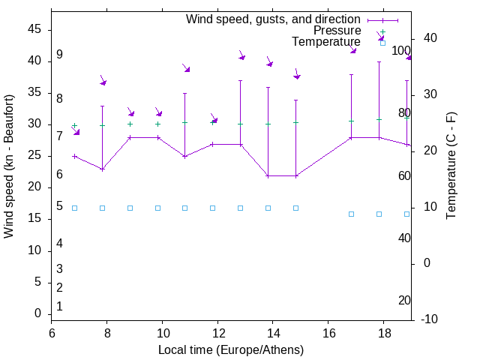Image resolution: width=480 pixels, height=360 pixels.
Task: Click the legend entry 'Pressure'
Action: click(337, 31)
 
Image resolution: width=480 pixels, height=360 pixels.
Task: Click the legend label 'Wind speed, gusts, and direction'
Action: click(274, 19)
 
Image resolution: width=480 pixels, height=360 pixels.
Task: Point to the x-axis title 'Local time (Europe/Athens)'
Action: click(231, 349)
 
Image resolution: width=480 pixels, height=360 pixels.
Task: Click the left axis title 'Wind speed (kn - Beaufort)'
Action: click(9, 166)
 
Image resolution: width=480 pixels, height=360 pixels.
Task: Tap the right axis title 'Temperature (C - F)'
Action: click(451, 166)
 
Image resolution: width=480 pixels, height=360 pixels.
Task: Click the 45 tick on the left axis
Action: click(34, 29)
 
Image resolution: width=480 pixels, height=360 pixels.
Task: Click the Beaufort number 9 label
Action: click(59, 55)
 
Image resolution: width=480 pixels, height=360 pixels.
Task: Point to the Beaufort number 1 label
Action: click(59, 306)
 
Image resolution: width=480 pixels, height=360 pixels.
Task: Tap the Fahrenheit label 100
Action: click(401, 51)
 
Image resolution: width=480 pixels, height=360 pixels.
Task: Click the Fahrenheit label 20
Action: click(404, 300)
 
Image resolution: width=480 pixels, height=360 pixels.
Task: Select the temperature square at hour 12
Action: click(212, 208)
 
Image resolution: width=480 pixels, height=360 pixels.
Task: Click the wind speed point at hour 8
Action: click(102, 169)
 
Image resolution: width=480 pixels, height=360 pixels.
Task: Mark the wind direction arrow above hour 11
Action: click(185, 68)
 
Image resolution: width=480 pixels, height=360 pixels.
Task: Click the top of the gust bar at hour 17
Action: click(351, 74)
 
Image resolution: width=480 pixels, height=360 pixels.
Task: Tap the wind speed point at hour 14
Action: click(268, 175)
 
